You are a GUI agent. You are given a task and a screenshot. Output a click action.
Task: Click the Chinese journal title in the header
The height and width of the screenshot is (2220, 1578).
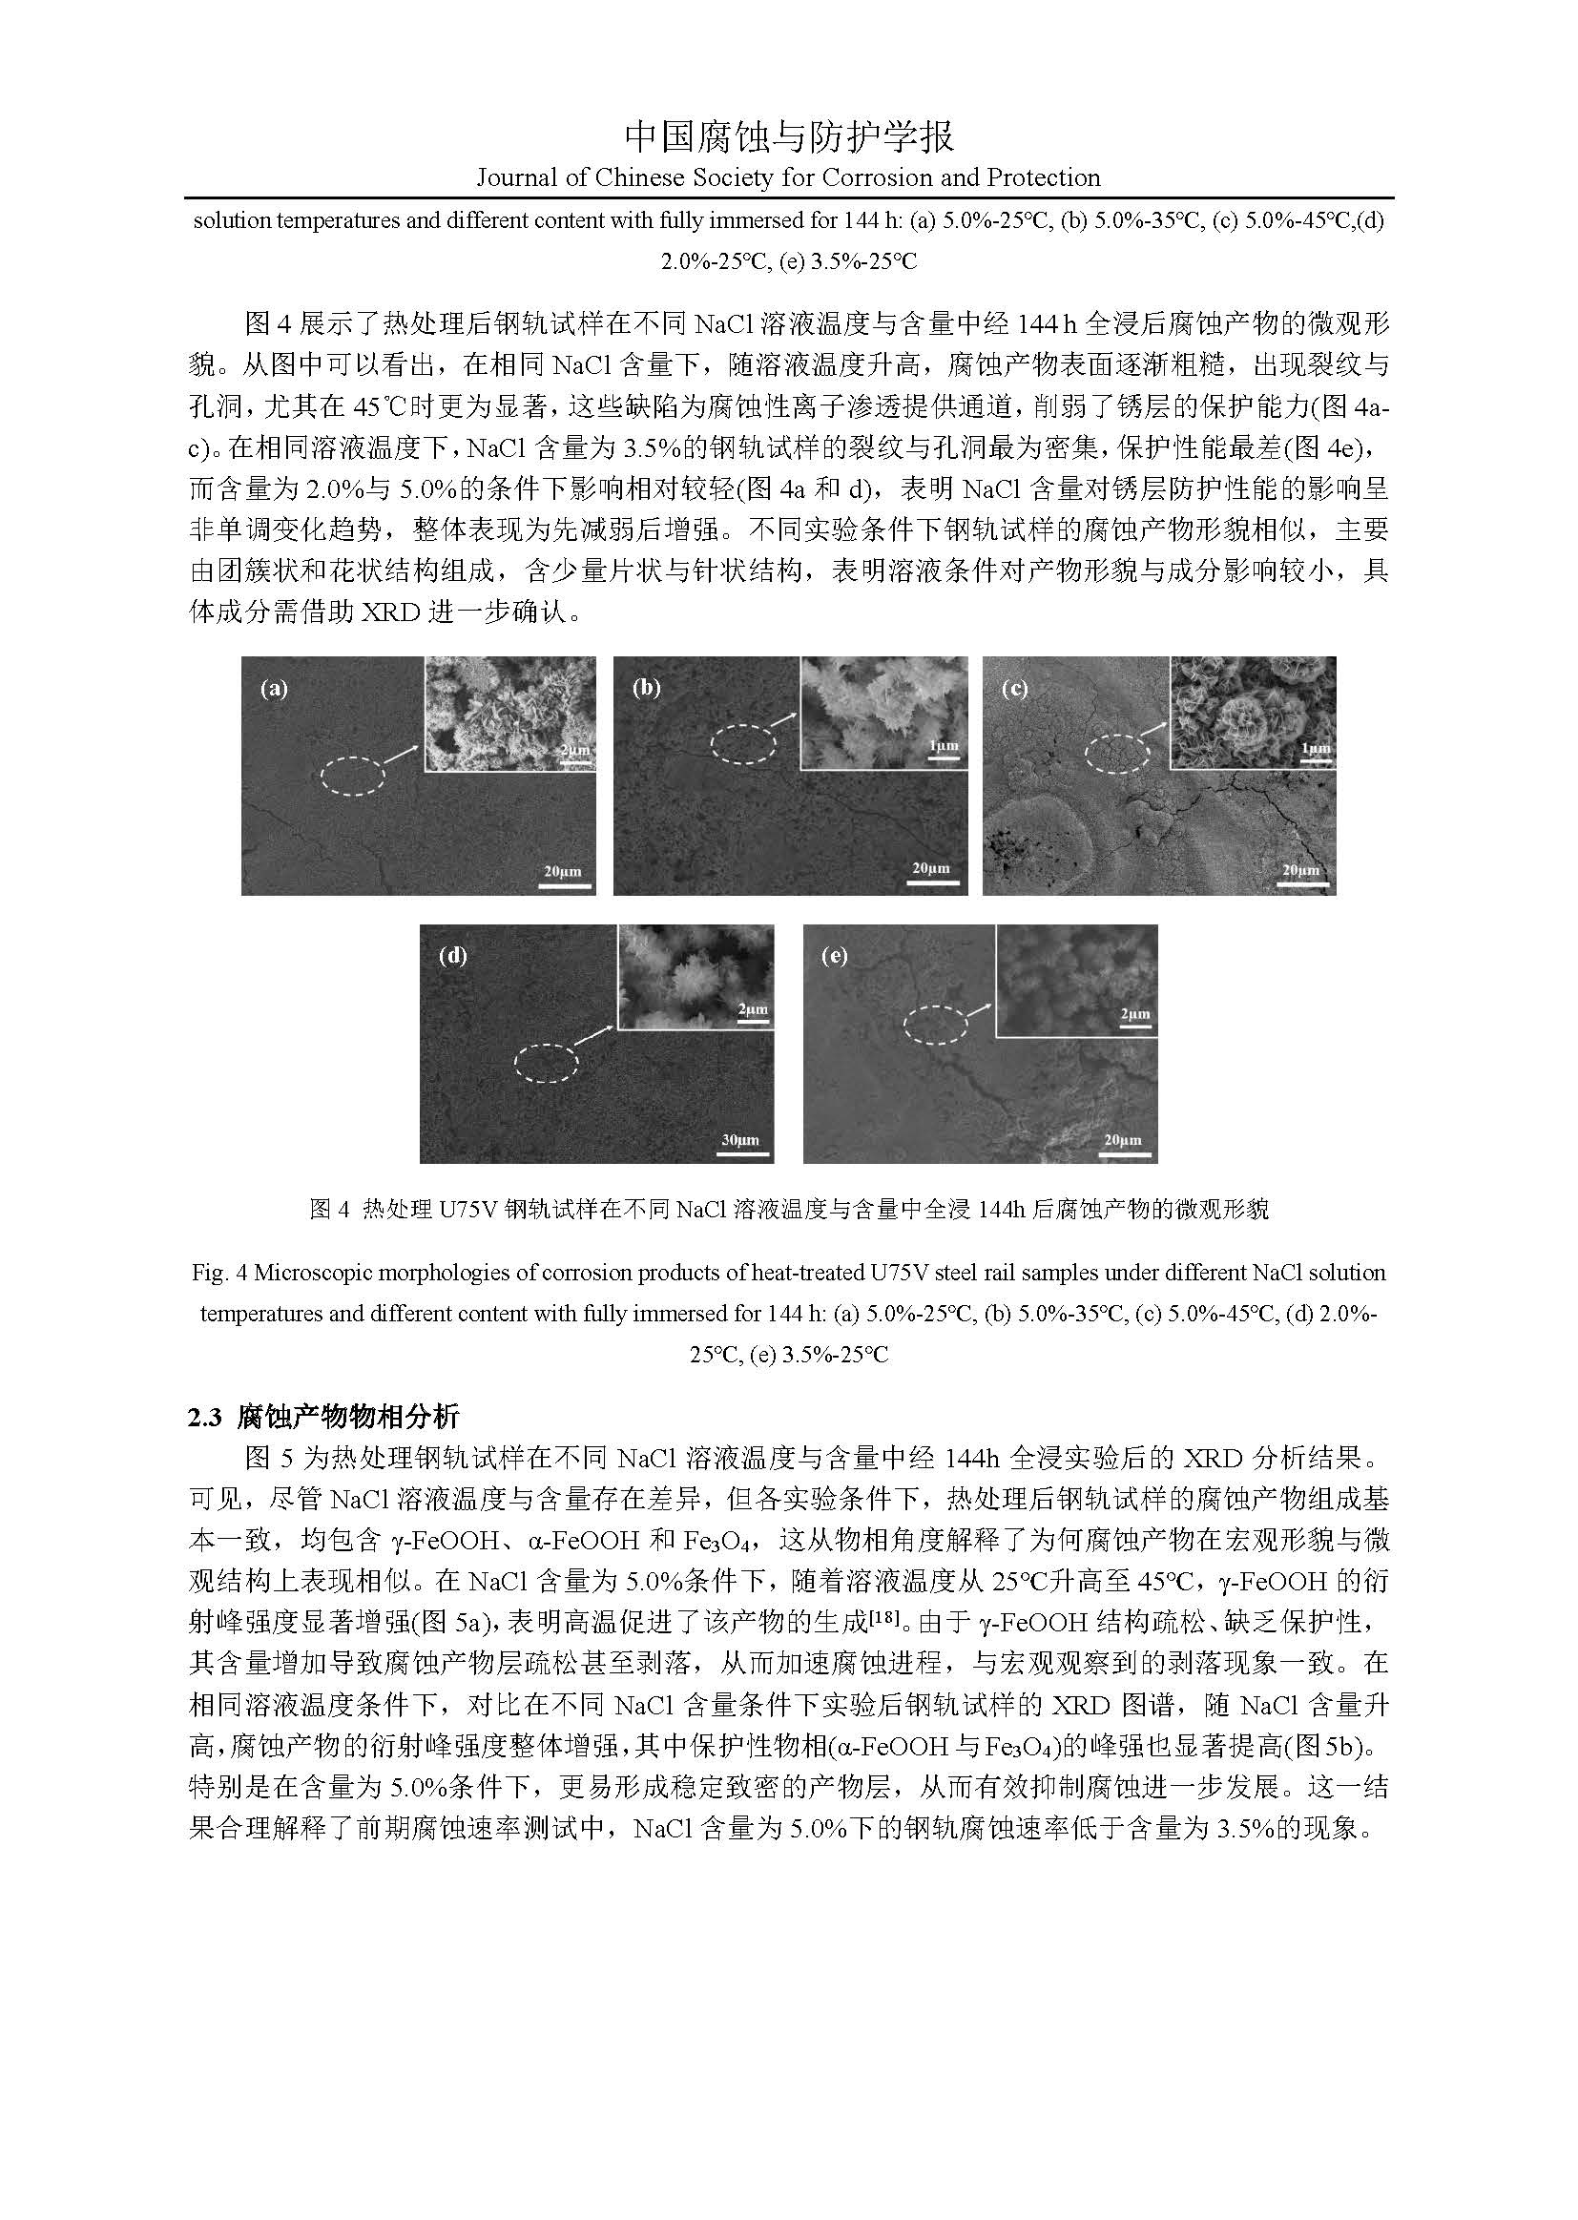[x=788, y=137]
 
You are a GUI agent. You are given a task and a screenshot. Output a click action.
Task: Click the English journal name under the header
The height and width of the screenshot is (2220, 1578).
[x=788, y=177]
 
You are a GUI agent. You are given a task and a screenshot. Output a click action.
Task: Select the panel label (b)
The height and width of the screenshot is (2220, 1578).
[x=646, y=689]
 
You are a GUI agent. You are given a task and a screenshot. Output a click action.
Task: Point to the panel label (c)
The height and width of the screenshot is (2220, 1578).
[x=1015, y=689]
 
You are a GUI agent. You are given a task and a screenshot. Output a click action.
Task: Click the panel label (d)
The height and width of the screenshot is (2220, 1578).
[x=453, y=956]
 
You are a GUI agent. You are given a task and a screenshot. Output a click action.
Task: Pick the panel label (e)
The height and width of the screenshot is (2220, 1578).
[x=835, y=956]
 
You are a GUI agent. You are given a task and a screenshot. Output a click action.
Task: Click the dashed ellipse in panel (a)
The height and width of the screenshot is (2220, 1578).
[x=353, y=775]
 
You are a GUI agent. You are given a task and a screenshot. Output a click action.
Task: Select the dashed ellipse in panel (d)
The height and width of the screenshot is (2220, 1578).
[x=546, y=1063]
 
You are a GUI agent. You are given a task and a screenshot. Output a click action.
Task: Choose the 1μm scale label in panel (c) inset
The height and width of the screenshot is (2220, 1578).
[x=1315, y=748]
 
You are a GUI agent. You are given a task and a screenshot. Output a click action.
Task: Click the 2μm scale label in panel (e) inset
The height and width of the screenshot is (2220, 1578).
[x=1134, y=1014]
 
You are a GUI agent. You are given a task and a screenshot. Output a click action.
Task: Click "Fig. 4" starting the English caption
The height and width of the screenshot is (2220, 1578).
[x=217, y=1273]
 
